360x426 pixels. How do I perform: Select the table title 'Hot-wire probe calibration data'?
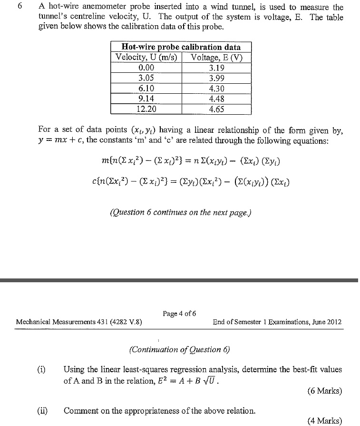click(x=181, y=47)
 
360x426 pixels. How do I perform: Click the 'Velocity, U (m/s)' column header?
click(x=146, y=58)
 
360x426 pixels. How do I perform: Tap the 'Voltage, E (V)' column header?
click(x=216, y=58)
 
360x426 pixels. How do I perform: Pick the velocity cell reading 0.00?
click(x=146, y=68)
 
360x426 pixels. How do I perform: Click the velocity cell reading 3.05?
click(x=146, y=78)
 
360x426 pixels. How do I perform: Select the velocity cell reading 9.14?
click(x=146, y=99)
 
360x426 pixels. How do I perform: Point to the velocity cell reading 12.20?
click(x=146, y=109)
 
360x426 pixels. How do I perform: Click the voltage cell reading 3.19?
click(x=216, y=68)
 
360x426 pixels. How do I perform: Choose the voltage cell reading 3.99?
click(x=216, y=78)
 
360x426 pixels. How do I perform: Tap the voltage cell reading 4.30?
click(x=216, y=89)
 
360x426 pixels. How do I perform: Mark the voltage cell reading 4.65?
click(x=216, y=109)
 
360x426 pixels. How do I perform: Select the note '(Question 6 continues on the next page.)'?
click(x=180, y=212)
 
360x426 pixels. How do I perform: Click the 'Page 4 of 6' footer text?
click(x=179, y=314)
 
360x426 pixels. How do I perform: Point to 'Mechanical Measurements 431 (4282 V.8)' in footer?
click(x=78, y=322)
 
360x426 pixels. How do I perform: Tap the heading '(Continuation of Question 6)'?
click(x=179, y=349)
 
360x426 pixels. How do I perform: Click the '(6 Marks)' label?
click(x=324, y=391)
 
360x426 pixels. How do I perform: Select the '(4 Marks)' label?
click(x=324, y=420)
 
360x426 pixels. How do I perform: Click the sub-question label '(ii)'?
click(x=44, y=410)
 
